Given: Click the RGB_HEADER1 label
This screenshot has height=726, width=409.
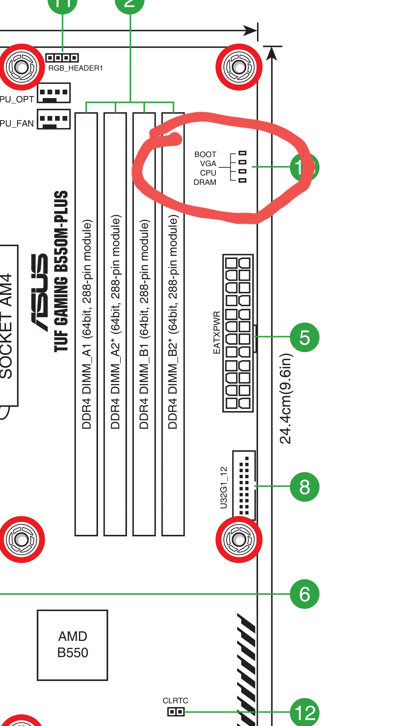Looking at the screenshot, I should (x=75, y=68).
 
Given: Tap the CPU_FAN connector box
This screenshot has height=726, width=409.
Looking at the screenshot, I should (x=54, y=119).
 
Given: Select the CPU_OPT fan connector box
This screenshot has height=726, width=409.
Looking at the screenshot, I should (x=54, y=93).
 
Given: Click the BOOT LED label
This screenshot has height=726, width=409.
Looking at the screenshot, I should (x=205, y=155).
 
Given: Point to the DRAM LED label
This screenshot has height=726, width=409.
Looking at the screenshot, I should (x=204, y=182).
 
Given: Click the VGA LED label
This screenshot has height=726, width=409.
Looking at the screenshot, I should (x=208, y=164).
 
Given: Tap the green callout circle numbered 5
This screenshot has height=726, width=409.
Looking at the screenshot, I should (x=304, y=337).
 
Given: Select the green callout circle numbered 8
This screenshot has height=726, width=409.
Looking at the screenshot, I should (x=304, y=487).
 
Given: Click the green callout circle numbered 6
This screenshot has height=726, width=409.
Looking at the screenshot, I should (x=304, y=594).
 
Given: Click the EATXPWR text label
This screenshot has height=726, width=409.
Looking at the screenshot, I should (x=217, y=332).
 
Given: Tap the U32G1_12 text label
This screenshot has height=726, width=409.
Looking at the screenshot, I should (x=224, y=487).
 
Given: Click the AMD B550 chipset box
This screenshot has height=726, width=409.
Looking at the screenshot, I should (x=72, y=645).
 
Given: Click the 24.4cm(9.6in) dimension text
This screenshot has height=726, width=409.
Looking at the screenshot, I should (x=285, y=398).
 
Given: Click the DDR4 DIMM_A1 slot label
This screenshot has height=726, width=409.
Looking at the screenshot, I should (x=86, y=323).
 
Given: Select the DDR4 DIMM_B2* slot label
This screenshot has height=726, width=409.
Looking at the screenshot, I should (x=173, y=322).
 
